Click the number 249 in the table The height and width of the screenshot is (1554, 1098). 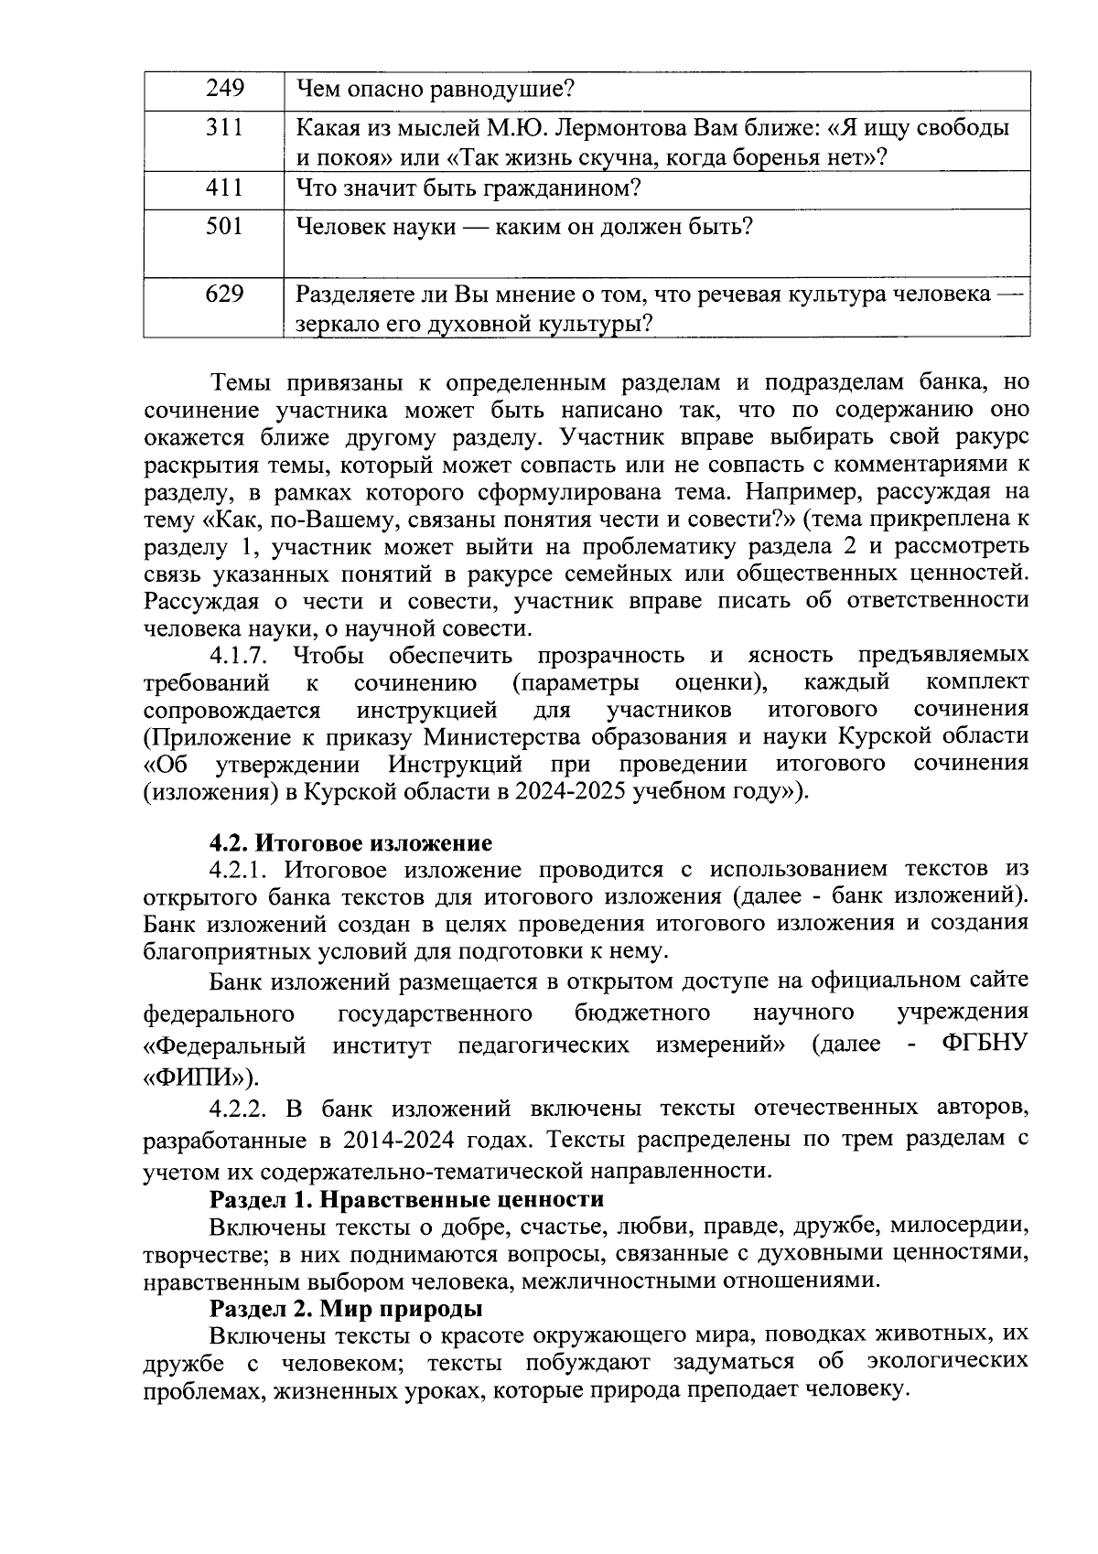[224, 90]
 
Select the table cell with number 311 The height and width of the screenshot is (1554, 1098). [224, 128]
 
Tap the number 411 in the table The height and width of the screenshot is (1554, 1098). [224, 188]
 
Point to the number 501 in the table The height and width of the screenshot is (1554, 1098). [224, 226]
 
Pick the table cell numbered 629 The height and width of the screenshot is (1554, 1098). [224, 295]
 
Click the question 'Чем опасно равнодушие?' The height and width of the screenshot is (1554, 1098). [435, 90]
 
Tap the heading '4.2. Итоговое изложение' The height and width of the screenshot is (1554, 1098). [350, 842]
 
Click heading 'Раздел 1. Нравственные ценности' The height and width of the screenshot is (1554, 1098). [406, 1199]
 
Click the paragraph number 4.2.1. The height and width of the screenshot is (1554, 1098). [239, 869]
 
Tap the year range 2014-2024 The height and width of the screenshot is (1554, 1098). [400, 1141]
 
